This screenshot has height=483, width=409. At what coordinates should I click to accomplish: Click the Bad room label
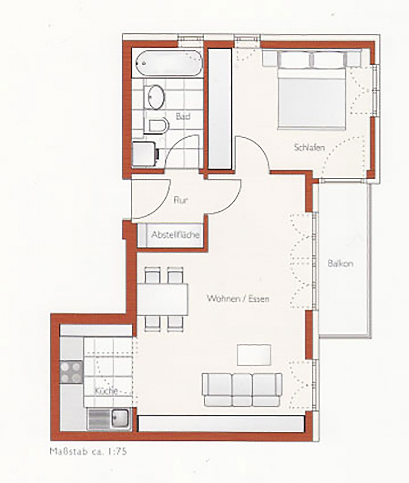[x=183, y=116]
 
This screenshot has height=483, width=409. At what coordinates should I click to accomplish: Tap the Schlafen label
[x=309, y=147]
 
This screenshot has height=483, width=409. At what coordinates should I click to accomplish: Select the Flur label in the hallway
[x=181, y=200]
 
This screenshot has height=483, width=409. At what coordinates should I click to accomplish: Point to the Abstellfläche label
[x=175, y=235]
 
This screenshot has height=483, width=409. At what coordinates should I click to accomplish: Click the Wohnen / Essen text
[x=238, y=298]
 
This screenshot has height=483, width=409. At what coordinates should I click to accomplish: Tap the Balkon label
[x=340, y=264]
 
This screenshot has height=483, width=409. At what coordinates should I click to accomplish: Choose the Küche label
[x=106, y=391]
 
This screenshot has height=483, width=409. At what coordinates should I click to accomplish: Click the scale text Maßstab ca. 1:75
[x=88, y=452]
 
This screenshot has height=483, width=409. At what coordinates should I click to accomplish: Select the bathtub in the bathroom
[x=168, y=63]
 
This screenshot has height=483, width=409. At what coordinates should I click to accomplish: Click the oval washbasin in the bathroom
[x=156, y=97]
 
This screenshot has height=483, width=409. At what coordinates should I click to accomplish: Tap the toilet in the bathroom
[x=158, y=126]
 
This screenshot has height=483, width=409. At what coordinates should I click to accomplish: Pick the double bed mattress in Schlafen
[x=311, y=99]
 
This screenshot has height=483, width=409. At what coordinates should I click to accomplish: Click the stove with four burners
[x=71, y=372]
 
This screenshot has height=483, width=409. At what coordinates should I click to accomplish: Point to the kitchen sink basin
[x=120, y=419]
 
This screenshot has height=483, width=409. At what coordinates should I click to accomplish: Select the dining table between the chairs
[x=162, y=299]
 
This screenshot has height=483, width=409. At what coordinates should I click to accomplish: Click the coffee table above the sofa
[x=254, y=355]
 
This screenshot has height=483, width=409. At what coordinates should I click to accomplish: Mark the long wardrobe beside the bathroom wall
[x=220, y=108]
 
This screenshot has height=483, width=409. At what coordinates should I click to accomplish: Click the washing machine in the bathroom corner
[x=144, y=154]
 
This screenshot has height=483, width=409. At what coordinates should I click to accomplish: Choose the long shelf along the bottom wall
[x=221, y=424]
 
